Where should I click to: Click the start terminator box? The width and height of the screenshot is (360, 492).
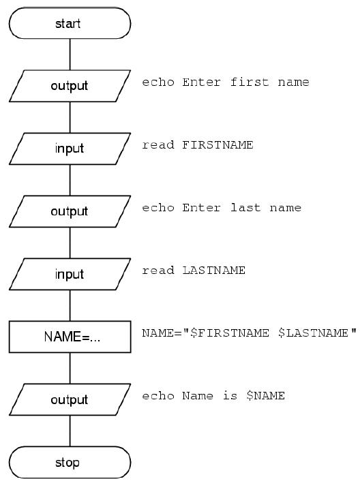click(x=70, y=23)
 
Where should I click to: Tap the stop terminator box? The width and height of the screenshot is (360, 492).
click(x=70, y=462)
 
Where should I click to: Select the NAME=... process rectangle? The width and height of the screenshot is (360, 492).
click(x=70, y=337)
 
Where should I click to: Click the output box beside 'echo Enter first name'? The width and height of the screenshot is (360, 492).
click(x=70, y=86)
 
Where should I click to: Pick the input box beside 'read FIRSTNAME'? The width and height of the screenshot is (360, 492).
click(x=70, y=149)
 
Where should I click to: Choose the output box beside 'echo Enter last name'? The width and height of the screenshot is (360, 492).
click(x=70, y=211)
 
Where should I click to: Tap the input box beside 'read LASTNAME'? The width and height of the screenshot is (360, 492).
click(x=70, y=274)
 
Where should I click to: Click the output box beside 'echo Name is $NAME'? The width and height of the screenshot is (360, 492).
click(x=70, y=399)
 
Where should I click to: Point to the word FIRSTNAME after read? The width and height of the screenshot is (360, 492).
click(x=217, y=145)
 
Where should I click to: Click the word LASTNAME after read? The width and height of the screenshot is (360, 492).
click(x=214, y=271)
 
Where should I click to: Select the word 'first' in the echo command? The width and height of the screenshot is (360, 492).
click(x=250, y=82)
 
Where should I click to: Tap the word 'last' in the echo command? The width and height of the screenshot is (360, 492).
click(x=245, y=208)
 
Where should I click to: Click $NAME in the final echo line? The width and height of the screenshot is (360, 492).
click(x=265, y=396)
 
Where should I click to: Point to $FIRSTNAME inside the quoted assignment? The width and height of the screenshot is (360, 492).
click(x=230, y=333)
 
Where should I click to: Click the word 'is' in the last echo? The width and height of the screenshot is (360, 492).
click(x=230, y=396)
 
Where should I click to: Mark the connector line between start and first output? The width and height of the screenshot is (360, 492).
click(x=70, y=55)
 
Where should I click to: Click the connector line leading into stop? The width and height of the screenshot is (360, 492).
click(x=70, y=431)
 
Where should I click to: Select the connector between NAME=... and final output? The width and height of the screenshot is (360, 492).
click(x=70, y=368)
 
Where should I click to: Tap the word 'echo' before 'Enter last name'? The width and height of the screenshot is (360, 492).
click(x=158, y=208)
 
